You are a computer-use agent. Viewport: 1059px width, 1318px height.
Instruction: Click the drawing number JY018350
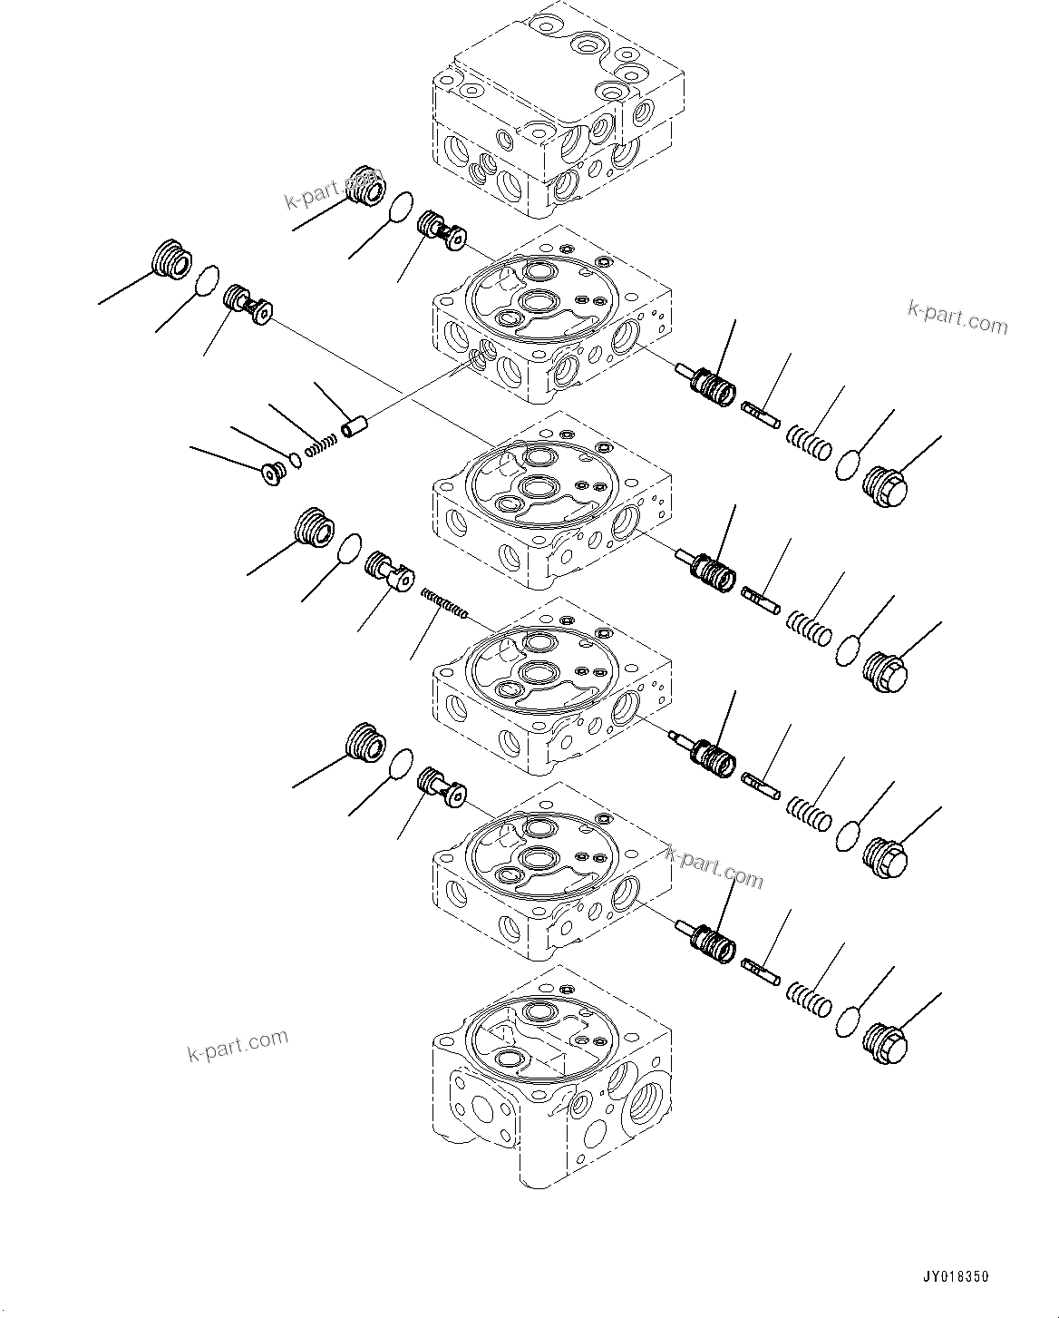[x=954, y=1276]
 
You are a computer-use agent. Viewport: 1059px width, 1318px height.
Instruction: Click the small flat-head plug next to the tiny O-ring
[x=271, y=474]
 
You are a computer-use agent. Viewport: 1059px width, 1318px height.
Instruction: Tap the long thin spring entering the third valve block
[x=444, y=604]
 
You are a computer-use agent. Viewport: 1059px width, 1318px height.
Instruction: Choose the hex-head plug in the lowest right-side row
[x=885, y=1043]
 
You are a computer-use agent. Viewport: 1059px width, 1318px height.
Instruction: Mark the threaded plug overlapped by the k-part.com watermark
[x=366, y=186]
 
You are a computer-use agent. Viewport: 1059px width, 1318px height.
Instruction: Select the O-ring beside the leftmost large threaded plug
[x=209, y=280]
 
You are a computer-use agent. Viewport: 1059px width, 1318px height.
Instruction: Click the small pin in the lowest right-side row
[x=761, y=970]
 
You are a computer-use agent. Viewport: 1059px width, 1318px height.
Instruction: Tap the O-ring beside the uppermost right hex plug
[x=848, y=464]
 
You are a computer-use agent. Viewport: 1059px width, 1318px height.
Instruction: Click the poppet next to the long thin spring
[x=388, y=572]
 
